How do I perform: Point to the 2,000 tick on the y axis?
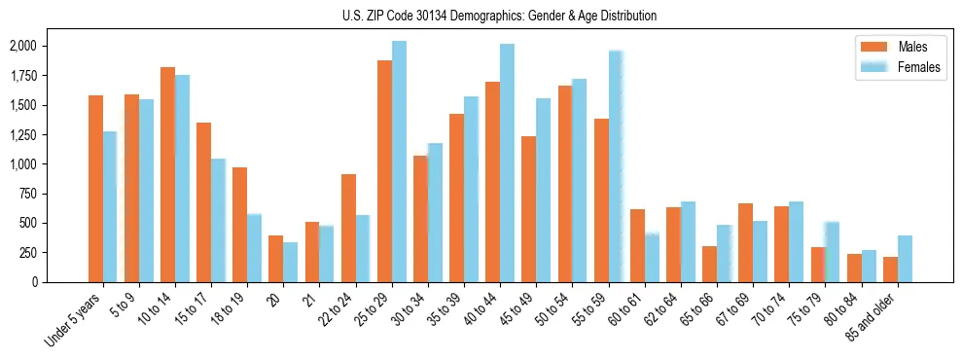(22, 47)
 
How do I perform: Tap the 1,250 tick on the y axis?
(22, 135)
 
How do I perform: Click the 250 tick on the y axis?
(28, 253)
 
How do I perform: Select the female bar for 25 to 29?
(399, 162)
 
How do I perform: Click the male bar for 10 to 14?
(167, 175)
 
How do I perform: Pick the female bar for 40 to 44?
(507, 163)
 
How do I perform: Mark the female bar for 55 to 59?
(616, 166)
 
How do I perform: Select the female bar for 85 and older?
(905, 259)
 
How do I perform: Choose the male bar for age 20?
(275, 259)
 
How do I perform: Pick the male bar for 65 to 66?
(709, 265)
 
